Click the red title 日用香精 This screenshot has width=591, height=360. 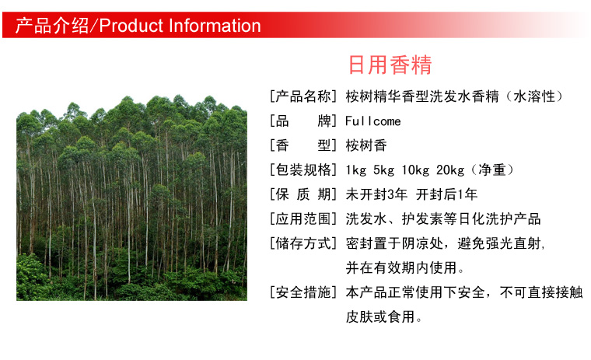pyautogui.click(x=390, y=65)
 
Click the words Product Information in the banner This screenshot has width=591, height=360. pyautogui.click(x=180, y=26)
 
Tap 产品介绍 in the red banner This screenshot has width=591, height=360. pyautogui.click(x=52, y=26)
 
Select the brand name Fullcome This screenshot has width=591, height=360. pyautogui.click(x=372, y=121)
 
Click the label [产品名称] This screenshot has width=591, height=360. pyautogui.click(x=302, y=96)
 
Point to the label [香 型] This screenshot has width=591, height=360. pyautogui.click(x=302, y=145)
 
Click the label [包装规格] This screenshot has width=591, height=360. pyautogui.click(x=302, y=170)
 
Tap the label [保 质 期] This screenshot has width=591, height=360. pyautogui.click(x=302, y=194)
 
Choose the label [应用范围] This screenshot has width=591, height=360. pyautogui.click(x=302, y=219)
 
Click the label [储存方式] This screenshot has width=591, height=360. pyautogui.click(x=302, y=243)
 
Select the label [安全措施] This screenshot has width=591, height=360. pyautogui.click(x=302, y=292)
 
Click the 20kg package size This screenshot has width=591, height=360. pyautogui.click(x=450, y=170)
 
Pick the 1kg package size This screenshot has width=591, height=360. pyautogui.click(x=356, y=170)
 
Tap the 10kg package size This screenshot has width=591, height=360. pyautogui.click(x=415, y=170)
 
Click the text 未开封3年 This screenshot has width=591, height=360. pyautogui.click(x=376, y=194)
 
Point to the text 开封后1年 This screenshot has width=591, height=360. pyautogui.click(x=446, y=194)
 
